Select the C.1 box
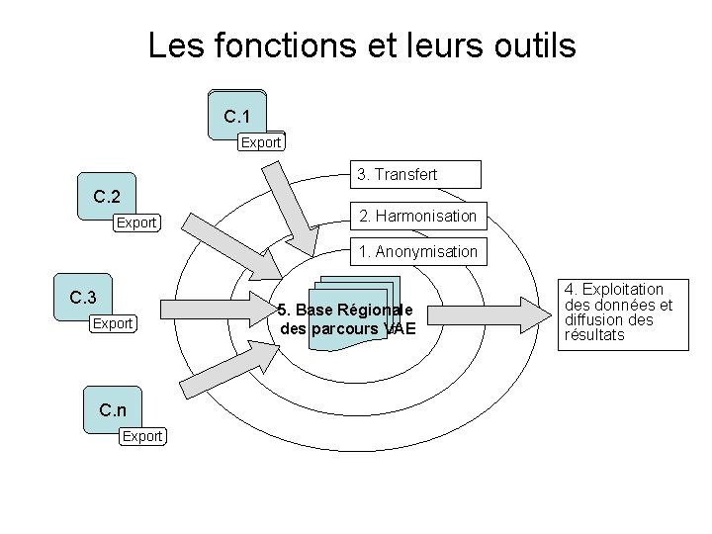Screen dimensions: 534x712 pyautogui.click(x=237, y=116)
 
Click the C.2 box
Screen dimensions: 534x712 pyautogui.click(x=107, y=196)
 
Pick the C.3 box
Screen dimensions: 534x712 pyautogui.click(x=83, y=297)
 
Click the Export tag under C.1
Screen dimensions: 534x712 pyautogui.click(x=262, y=142)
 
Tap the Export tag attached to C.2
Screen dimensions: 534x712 pyautogui.click(x=136, y=222)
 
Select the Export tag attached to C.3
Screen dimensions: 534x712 pyautogui.click(x=113, y=323)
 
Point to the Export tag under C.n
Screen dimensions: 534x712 pyautogui.click(x=142, y=435)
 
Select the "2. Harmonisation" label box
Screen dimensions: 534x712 pyautogui.click(x=417, y=215)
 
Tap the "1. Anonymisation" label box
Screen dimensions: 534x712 pyautogui.click(x=418, y=252)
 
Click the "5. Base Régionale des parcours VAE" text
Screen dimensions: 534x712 pyautogui.click(x=347, y=318)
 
